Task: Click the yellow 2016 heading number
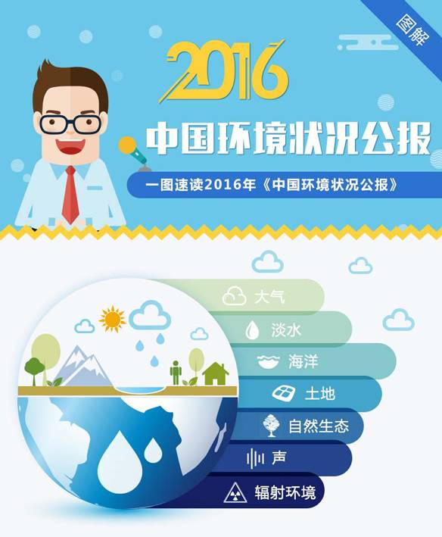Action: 224,70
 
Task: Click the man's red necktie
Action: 70,195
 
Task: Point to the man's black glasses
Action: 71,124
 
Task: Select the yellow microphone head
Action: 126,145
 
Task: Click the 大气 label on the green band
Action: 269,297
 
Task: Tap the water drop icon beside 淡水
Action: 252,329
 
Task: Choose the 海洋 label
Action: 303,361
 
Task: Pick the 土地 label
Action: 320,394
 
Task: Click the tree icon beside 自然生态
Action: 271,426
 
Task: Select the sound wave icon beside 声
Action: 255,458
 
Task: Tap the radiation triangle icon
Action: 235,493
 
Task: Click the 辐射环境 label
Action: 285,492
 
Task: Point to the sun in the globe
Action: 112,319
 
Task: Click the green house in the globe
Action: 216,374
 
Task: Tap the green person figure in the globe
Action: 176,373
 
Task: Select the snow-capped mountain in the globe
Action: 82,367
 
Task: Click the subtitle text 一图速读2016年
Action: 201,185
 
